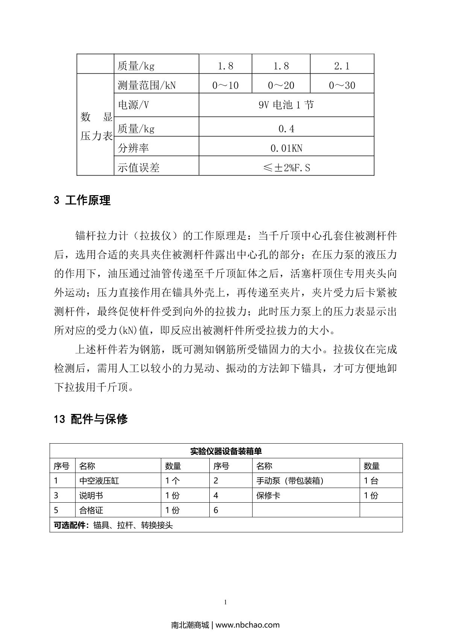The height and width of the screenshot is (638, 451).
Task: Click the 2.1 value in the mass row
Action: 342,66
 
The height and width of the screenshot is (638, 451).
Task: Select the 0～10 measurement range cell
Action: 225,85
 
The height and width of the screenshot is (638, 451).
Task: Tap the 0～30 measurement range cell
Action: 342,85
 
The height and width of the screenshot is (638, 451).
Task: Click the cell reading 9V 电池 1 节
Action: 286,105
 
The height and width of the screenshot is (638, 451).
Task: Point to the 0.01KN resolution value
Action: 286,148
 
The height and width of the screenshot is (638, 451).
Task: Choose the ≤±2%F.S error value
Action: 286,168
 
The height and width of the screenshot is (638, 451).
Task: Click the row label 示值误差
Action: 138,168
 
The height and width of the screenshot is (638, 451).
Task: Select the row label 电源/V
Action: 133,105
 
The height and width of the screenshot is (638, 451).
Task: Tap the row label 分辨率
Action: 133,148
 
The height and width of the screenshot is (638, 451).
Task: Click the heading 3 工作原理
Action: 82,200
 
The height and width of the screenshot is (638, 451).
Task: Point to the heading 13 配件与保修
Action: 91,419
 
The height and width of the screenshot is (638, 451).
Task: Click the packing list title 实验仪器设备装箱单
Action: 226,451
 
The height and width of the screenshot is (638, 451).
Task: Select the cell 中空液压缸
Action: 99,480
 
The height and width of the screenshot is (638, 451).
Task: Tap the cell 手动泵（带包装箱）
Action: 290,480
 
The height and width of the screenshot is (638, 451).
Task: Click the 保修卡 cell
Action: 268,496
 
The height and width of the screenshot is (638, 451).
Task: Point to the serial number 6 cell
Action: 216,510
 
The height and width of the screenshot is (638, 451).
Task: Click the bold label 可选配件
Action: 70,525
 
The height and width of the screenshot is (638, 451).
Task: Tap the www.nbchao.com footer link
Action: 248,625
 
